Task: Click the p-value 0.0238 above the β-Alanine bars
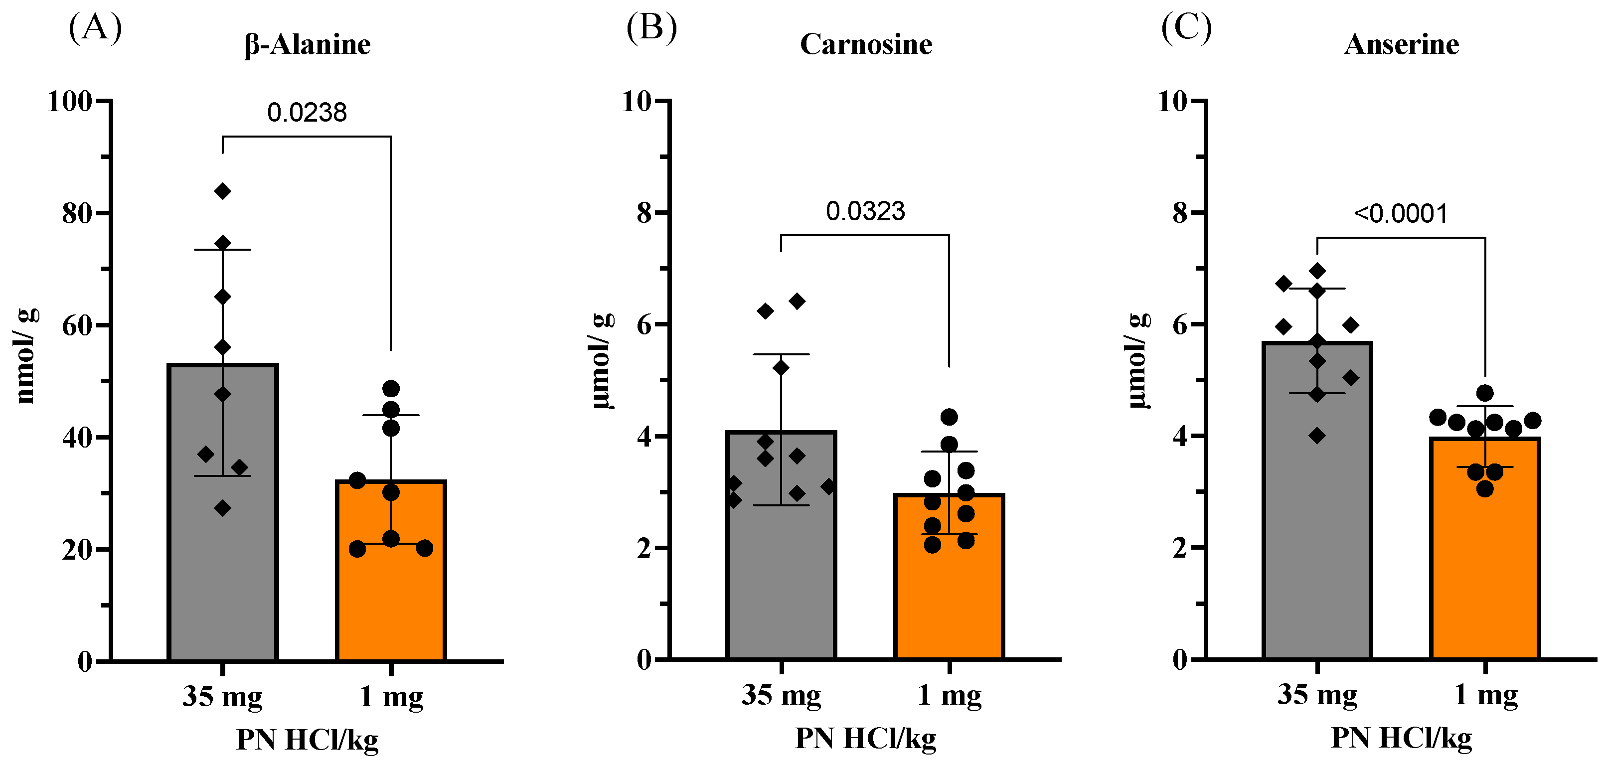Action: click(307, 113)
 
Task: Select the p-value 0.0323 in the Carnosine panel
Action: click(865, 212)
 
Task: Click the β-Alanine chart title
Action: click(307, 44)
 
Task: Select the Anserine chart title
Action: click(1401, 44)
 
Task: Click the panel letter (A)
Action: click(95, 28)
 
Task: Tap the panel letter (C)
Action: click(1186, 28)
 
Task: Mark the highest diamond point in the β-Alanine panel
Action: click(222, 191)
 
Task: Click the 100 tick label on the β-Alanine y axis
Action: click(70, 102)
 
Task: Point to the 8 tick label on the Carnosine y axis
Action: click(644, 213)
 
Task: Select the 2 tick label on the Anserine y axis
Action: click(1180, 549)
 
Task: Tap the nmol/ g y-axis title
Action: click(26, 356)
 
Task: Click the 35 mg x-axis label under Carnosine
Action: click(781, 695)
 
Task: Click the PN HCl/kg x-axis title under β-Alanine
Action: click(307, 740)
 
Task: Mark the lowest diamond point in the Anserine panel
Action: click(1317, 436)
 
